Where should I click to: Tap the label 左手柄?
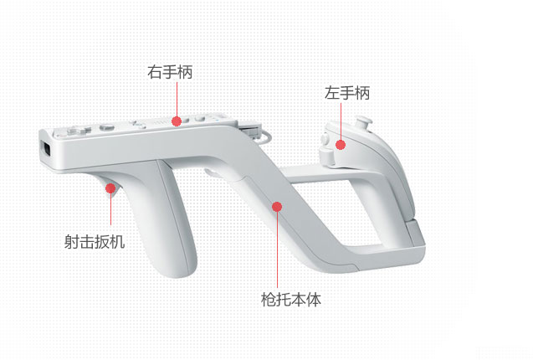click(347, 94)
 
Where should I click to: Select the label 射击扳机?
click(95, 242)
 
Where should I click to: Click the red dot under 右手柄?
click(177, 121)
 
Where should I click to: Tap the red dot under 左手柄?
click(341, 144)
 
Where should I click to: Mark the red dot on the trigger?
click(110, 189)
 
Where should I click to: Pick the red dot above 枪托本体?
click(277, 205)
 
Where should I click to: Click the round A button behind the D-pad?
click(106, 128)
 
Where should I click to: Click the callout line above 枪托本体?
click(277, 247)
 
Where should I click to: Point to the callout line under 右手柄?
click(177, 100)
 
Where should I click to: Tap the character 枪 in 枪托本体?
click(268, 298)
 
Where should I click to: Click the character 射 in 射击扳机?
click(72, 242)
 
